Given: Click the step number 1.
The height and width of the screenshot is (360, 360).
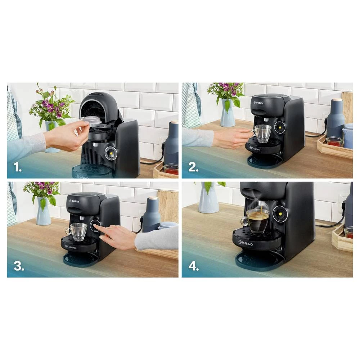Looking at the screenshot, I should [17, 167].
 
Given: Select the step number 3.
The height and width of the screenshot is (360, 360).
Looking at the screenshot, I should [19, 266].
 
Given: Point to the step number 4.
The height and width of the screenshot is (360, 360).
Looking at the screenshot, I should [194, 266].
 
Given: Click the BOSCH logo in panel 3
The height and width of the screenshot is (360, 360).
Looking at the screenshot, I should [74, 201].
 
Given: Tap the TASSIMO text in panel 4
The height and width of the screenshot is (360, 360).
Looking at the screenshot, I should [246, 243].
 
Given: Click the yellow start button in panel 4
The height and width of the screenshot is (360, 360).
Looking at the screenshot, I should [280, 214].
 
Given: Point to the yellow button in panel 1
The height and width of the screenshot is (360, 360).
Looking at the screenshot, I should [111, 153].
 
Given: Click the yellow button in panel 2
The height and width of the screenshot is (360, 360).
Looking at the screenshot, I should [280, 127].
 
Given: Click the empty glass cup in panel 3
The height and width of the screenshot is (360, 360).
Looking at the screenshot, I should [78, 231].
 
